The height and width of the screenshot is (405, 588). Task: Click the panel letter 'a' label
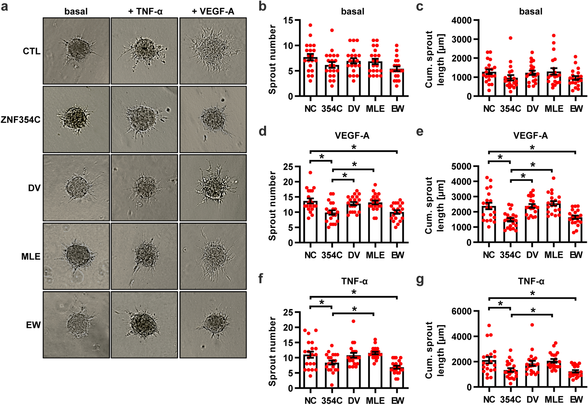click(4, 6)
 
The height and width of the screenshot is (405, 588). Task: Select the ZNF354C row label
click(21, 120)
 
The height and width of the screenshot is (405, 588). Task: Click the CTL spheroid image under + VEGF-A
click(213, 51)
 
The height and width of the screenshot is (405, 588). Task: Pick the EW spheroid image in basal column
click(76, 324)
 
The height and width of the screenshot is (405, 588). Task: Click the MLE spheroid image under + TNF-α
click(144, 256)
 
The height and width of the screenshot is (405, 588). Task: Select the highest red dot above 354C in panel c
click(511, 38)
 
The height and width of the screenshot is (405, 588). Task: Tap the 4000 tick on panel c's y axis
click(461, 20)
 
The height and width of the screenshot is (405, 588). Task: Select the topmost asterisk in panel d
click(354, 147)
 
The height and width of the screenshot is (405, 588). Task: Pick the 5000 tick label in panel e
click(461, 166)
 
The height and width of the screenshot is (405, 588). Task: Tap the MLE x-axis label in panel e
click(554, 255)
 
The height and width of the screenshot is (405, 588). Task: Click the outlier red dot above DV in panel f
click(354, 321)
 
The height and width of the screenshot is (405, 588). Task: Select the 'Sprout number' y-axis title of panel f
click(272, 351)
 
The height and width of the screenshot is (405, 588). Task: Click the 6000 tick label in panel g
click(461, 311)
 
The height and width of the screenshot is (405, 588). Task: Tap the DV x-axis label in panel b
click(354, 109)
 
